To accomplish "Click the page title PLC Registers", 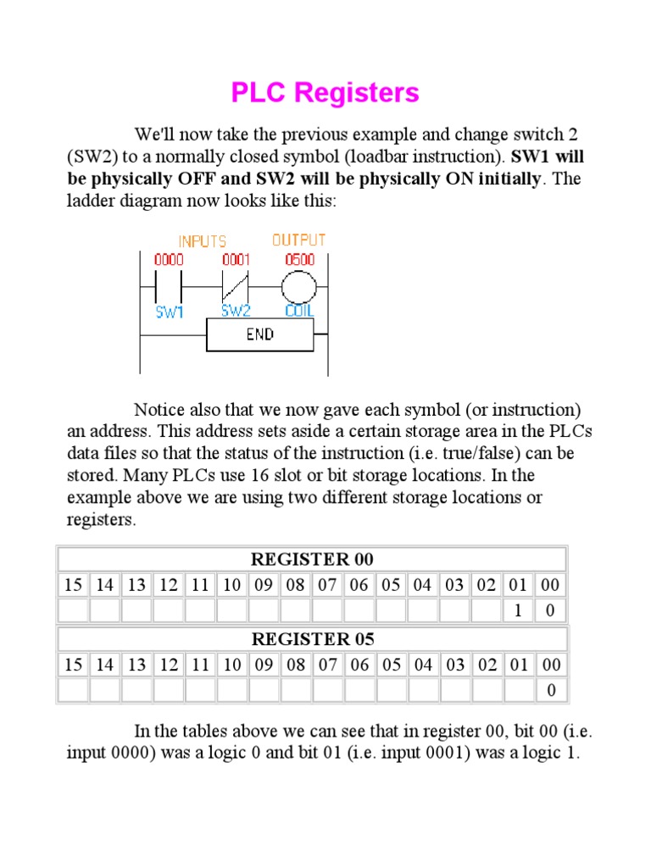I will [325, 92].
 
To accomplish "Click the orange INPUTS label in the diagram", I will [202, 242].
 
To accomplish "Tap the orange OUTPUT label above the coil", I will [298, 240].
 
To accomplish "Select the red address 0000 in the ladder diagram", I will [168, 260].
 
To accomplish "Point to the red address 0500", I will [298, 260].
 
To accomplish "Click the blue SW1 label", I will [170, 312].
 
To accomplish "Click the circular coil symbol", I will [298, 288].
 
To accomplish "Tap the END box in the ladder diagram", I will [259, 334].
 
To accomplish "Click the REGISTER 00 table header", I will [312, 560].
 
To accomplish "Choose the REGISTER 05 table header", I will [312, 639].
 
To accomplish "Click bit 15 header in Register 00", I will [73, 585].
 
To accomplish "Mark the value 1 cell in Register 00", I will [518, 610].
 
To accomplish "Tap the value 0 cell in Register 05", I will [551, 691].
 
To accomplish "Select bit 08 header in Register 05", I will [295, 665].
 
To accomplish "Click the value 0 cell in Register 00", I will [551, 610].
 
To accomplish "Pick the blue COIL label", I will [299, 312].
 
